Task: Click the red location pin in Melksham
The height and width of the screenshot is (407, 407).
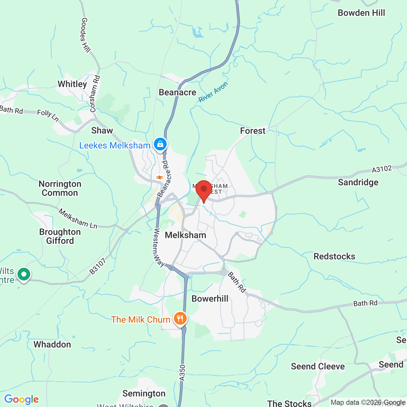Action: pyautogui.click(x=203, y=190)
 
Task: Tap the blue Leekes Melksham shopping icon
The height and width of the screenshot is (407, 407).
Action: pyautogui.click(x=160, y=144)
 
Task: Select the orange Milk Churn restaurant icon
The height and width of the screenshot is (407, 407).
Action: pyautogui.click(x=180, y=318)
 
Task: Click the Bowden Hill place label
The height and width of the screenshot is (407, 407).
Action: pyautogui.click(x=361, y=13)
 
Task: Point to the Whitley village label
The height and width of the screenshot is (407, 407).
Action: pyautogui.click(x=72, y=84)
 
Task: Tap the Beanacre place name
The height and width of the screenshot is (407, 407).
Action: pyautogui.click(x=177, y=93)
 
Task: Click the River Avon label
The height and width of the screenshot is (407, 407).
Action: pyautogui.click(x=213, y=92)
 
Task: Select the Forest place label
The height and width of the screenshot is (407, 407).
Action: pyautogui.click(x=252, y=131)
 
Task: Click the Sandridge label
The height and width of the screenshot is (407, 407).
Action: pyautogui.click(x=358, y=182)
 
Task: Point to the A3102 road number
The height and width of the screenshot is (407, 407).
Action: pyautogui.click(x=382, y=169)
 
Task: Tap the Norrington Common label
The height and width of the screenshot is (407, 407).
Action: pyautogui.click(x=60, y=189)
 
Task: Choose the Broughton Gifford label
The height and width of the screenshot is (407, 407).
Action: pyautogui.click(x=60, y=236)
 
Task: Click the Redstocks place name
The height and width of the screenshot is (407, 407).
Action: pyautogui.click(x=334, y=256)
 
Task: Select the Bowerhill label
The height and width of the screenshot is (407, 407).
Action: pyautogui.click(x=210, y=299)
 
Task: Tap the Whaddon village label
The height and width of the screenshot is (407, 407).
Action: pyautogui.click(x=52, y=344)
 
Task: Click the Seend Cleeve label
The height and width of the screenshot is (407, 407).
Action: pyautogui.click(x=318, y=366)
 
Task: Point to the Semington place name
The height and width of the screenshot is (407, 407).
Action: pyautogui.click(x=144, y=394)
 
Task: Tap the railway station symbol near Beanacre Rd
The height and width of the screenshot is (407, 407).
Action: pyautogui.click(x=159, y=177)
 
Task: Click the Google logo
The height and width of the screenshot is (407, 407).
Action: pyautogui.click(x=22, y=399)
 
